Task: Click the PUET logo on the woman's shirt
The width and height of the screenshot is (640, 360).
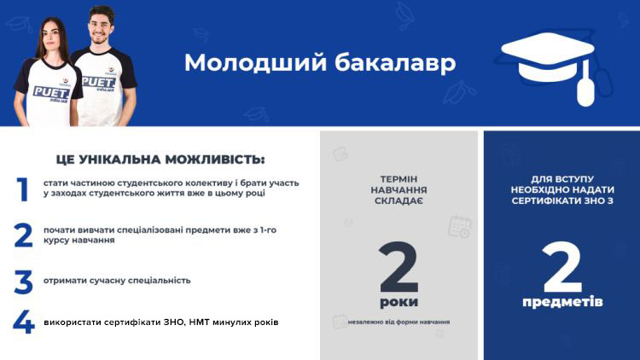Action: [x=51, y=93]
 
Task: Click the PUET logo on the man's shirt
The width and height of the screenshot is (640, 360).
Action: [x=98, y=83]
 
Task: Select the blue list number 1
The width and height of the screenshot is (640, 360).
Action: [x=23, y=189]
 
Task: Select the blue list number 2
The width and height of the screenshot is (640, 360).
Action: [x=23, y=235]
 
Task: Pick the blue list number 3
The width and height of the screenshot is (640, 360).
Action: [x=23, y=282]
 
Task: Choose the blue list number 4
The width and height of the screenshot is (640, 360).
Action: [x=23, y=322]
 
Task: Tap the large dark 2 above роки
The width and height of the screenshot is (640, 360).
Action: [x=399, y=267]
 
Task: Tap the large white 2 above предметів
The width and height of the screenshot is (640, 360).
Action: [x=562, y=267]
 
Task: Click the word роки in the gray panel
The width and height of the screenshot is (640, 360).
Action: [x=399, y=303]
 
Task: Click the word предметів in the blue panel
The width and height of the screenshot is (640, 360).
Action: [x=562, y=302]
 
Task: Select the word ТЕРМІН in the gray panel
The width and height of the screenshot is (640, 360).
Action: [x=399, y=179]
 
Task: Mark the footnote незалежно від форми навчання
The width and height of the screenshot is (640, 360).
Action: [x=399, y=322]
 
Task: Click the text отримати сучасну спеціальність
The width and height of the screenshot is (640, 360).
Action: [x=117, y=281]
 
